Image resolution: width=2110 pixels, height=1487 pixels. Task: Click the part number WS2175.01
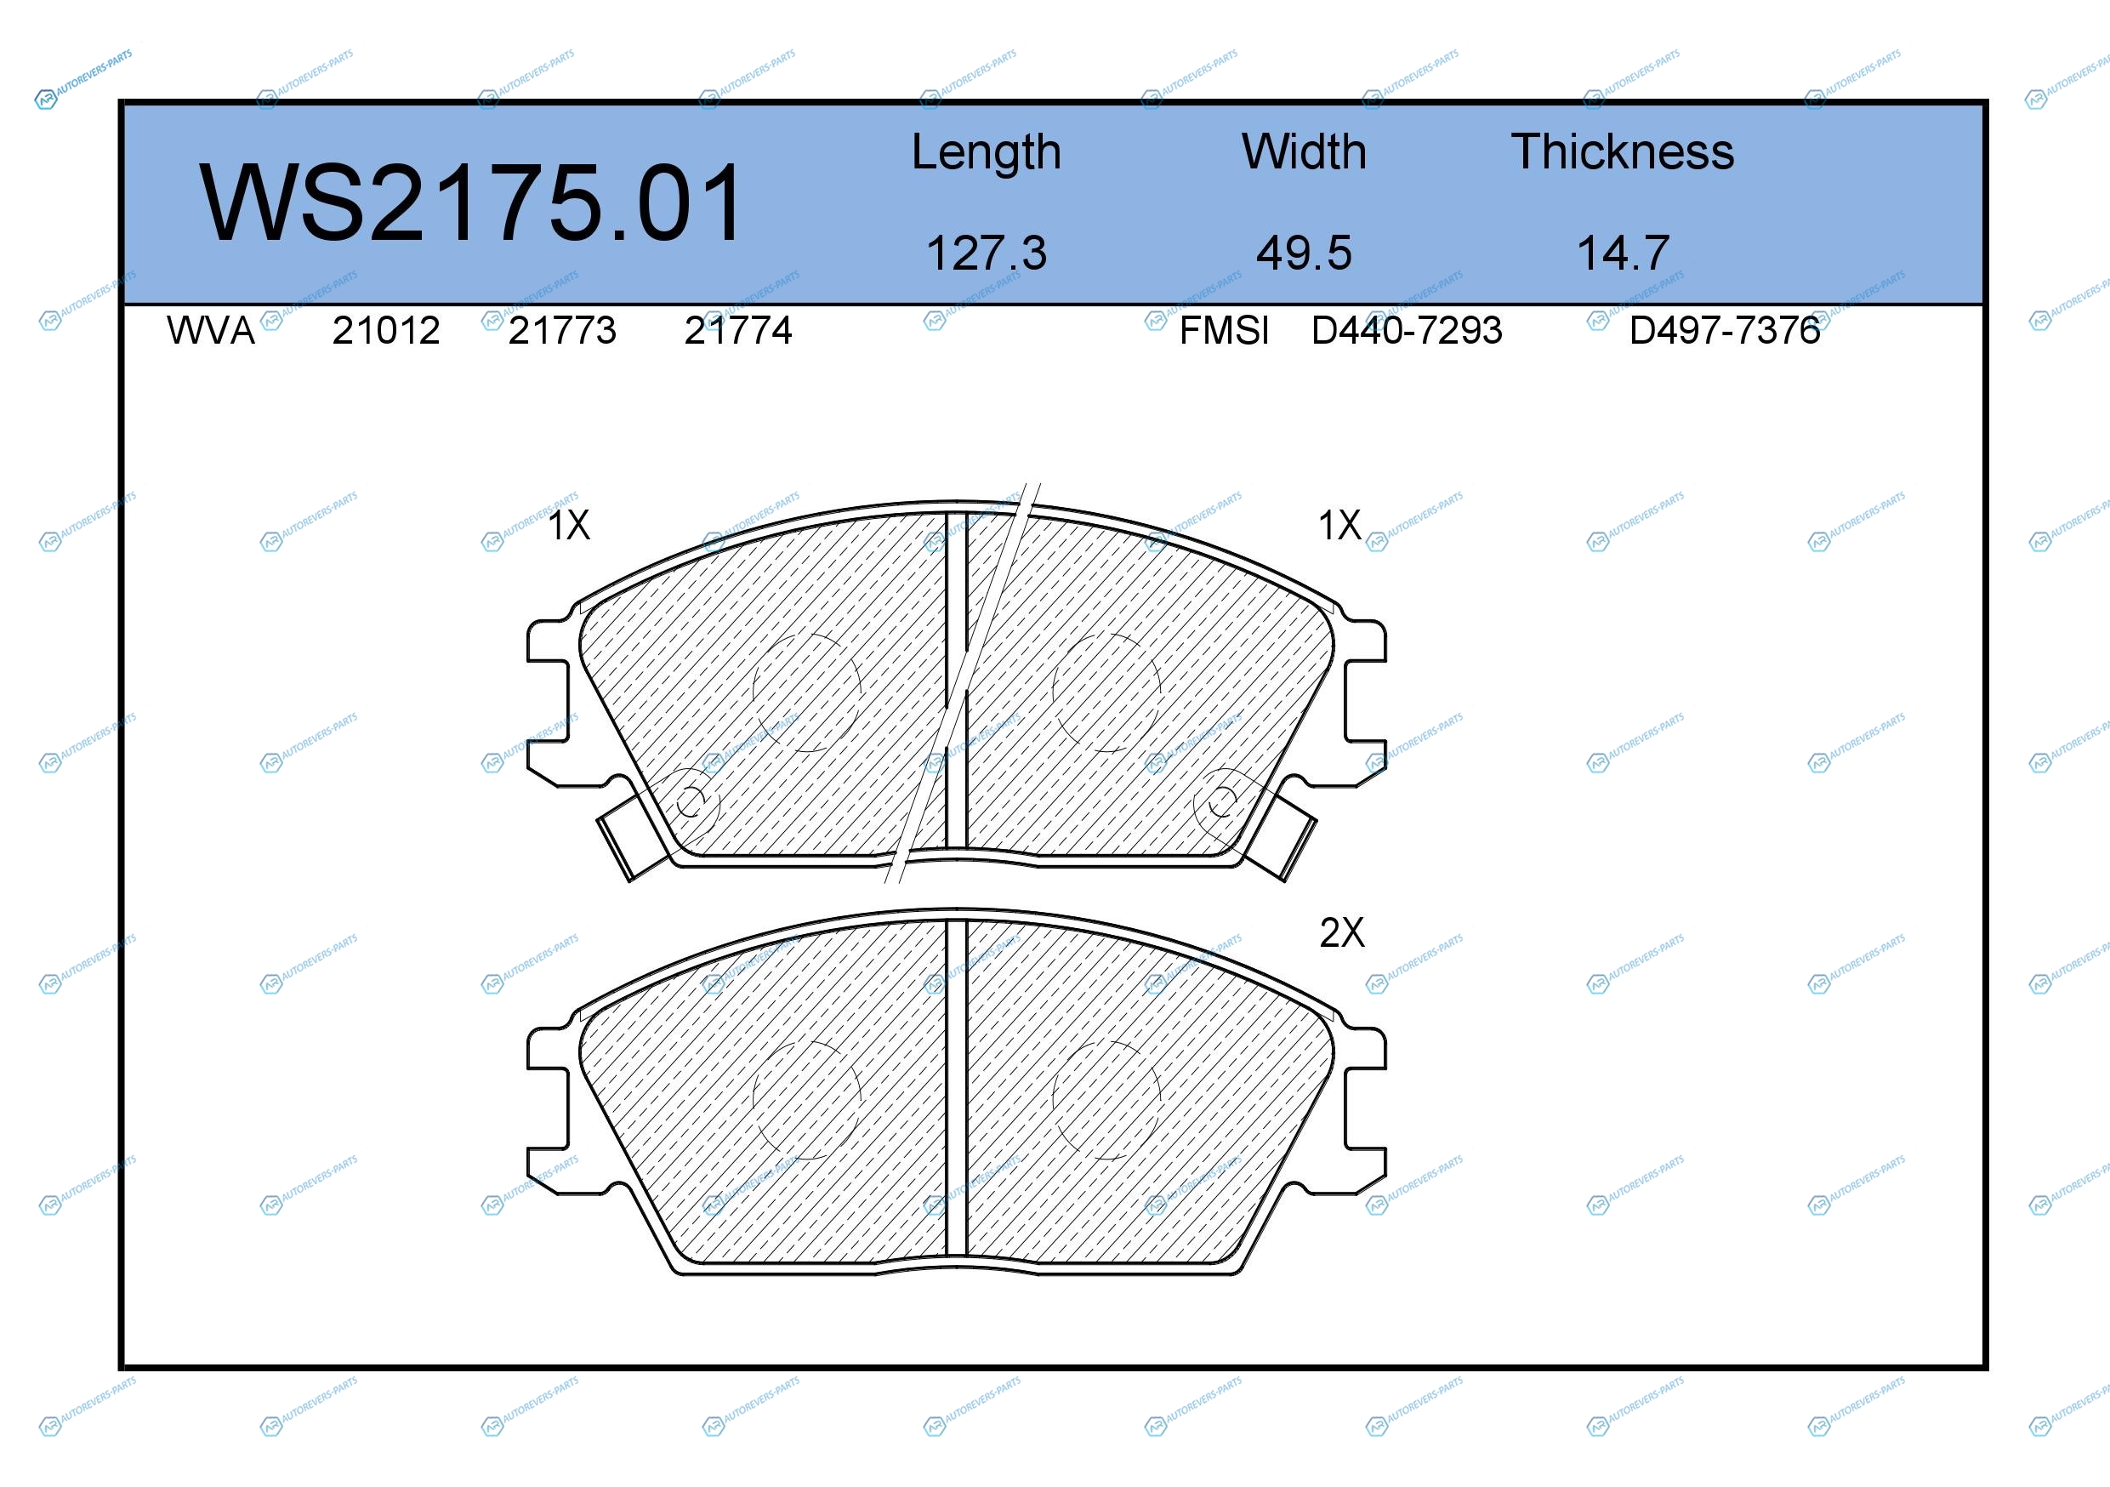[x=470, y=203]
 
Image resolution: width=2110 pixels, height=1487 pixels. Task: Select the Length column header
[x=986, y=152]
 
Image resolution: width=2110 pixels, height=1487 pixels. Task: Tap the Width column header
[x=1303, y=151]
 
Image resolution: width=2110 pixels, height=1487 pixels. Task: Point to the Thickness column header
[x=1622, y=151]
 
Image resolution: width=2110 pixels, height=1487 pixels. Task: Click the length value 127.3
[x=986, y=253]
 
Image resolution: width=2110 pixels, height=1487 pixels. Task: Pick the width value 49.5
[x=1304, y=253]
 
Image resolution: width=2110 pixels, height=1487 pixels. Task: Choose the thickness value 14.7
[x=1623, y=253]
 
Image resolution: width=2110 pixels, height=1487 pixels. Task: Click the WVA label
[x=210, y=330]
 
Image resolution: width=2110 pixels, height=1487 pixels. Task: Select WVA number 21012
[x=386, y=330]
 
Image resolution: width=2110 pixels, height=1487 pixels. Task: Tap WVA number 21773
[x=561, y=330]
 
